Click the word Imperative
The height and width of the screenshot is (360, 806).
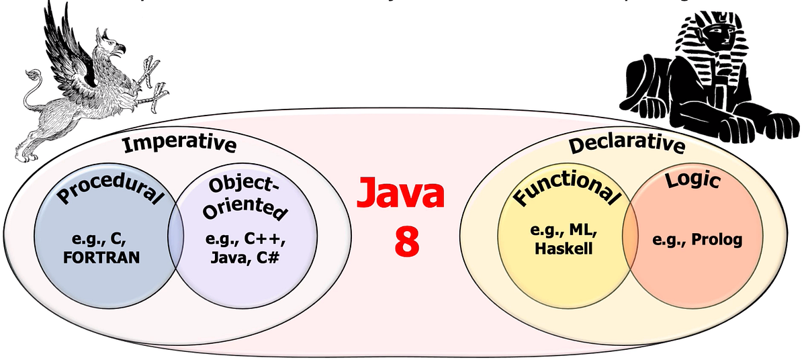tap(179, 144)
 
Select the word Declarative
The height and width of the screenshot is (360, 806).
tap(627, 145)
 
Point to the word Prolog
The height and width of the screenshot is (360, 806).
tap(718, 240)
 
